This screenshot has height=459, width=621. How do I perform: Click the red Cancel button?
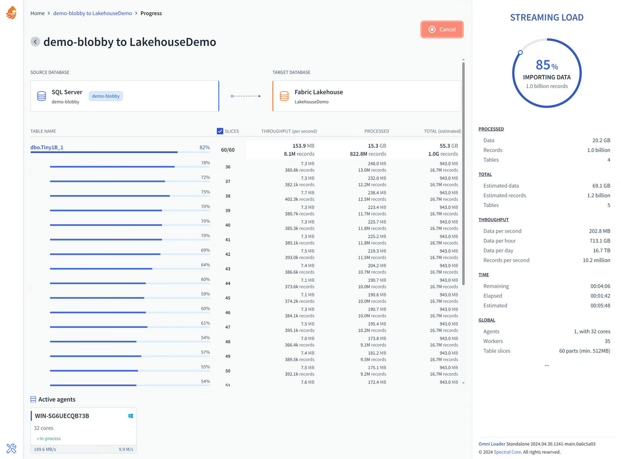(442, 29)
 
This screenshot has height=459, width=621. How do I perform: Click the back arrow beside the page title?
(35, 42)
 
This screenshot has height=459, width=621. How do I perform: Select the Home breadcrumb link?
(37, 13)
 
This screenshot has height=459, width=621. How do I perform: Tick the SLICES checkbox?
(220, 131)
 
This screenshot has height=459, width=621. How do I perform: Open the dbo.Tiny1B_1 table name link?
(47, 147)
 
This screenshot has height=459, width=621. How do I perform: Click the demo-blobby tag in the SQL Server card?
(106, 96)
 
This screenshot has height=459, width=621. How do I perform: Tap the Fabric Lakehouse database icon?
(284, 96)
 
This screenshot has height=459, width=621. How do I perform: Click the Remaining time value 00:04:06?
(600, 286)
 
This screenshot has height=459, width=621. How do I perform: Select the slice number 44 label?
(228, 284)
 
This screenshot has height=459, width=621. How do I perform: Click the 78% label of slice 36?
(205, 163)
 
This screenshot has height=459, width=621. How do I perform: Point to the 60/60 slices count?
(228, 150)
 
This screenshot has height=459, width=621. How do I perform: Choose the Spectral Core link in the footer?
(507, 452)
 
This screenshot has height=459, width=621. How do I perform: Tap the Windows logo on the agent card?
(131, 416)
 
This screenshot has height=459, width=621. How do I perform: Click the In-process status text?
(50, 439)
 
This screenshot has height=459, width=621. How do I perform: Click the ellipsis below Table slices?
(546, 365)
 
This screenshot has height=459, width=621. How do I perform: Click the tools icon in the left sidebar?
(12, 448)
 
